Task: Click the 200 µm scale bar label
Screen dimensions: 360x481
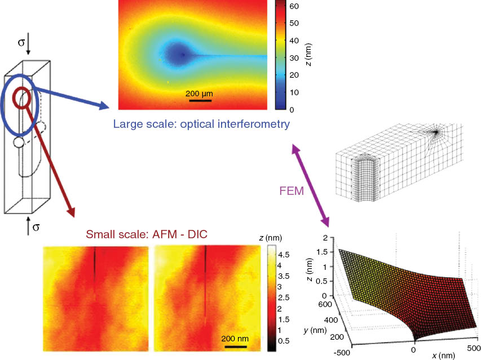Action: coord(199,94)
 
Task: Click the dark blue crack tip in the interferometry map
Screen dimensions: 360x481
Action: coord(182,55)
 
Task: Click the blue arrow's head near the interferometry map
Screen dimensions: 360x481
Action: coord(105,106)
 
